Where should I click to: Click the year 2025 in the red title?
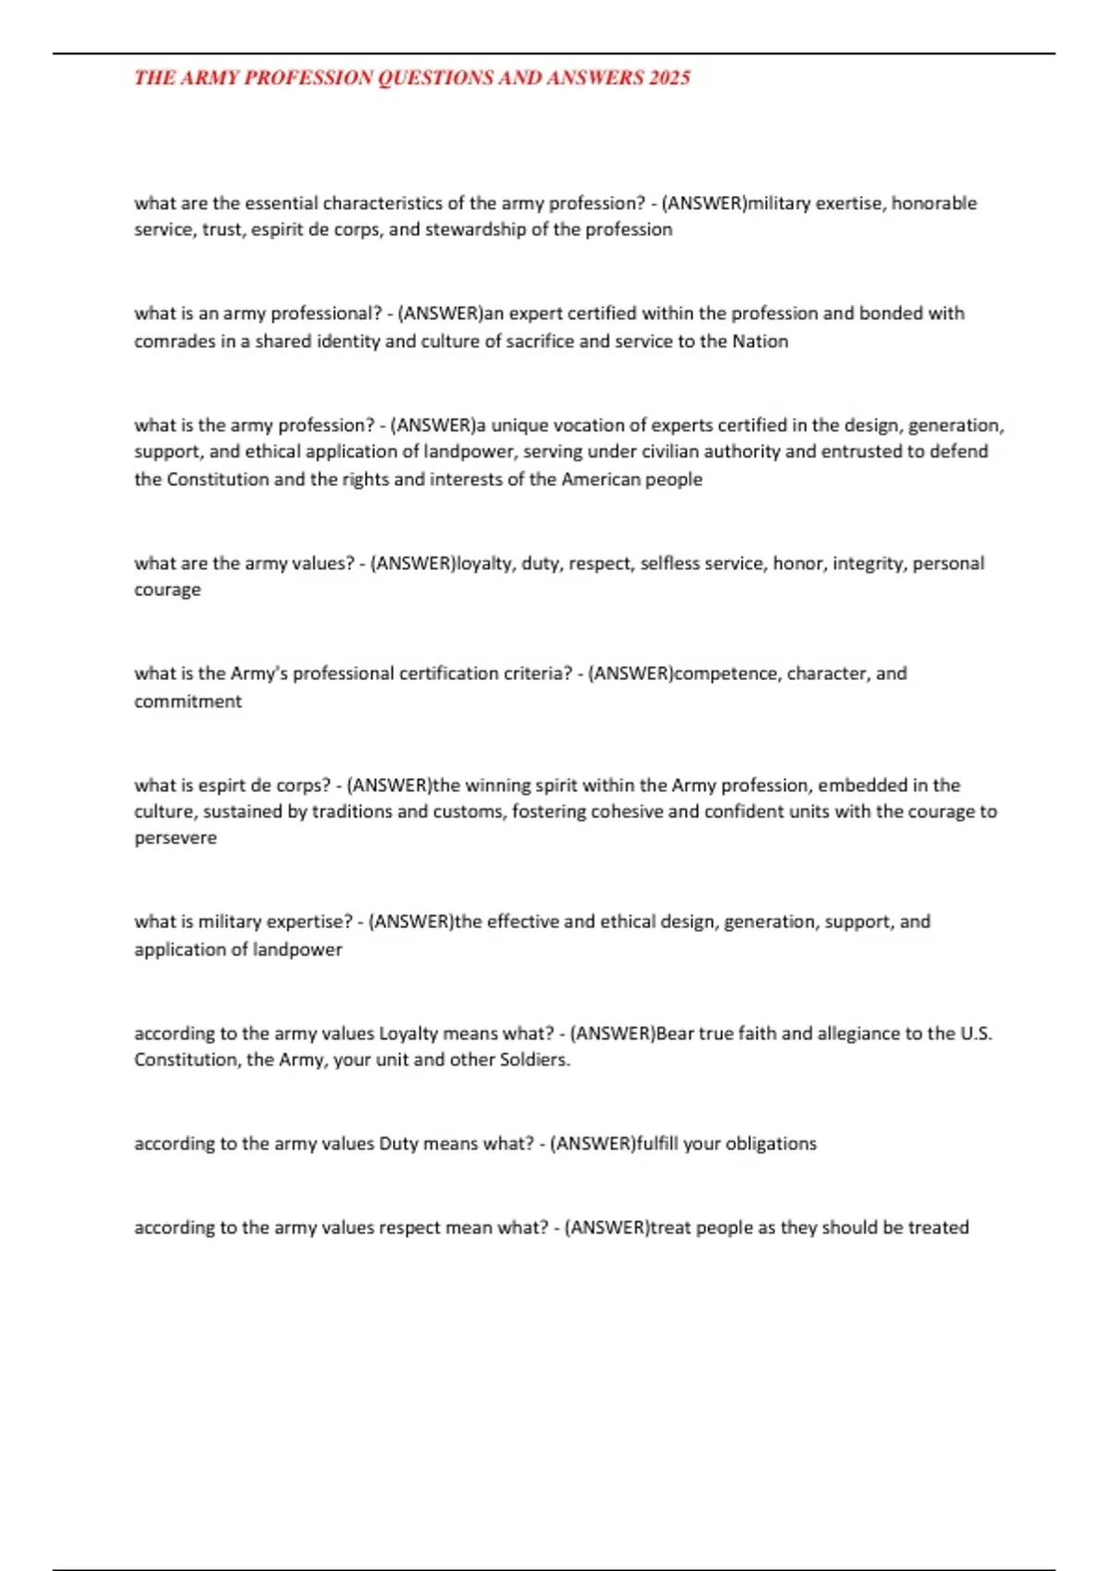point(669,78)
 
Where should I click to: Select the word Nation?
point(760,341)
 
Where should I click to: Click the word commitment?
point(188,701)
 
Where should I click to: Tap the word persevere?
point(176,838)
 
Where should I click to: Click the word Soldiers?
point(535,1060)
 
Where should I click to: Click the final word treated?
point(938,1227)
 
